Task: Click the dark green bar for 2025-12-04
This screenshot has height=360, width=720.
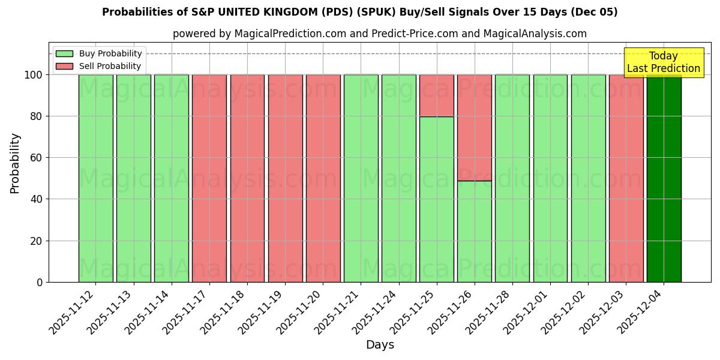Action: [x=664, y=178]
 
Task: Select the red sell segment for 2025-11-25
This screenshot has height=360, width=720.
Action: [x=436, y=95]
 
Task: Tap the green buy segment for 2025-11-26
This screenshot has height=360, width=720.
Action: [x=474, y=231]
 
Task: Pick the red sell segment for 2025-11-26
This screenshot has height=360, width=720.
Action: [x=474, y=127]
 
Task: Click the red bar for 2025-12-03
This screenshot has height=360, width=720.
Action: [x=626, y=178]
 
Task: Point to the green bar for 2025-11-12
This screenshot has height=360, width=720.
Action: [x=95, y=178]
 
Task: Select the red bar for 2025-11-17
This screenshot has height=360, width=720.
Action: [x=209, y=178]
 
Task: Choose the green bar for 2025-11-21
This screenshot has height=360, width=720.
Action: [x=361, y=178]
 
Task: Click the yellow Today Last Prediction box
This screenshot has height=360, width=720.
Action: [x=663, y=62]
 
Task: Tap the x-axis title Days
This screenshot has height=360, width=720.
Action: [x=380, y=345]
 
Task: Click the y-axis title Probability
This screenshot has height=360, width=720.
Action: [x=15, y=163]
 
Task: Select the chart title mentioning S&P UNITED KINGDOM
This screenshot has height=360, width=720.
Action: [x=359, y=12]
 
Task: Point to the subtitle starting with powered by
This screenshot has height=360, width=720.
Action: [x=379, y=34]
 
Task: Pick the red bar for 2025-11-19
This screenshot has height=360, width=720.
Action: [x=285, y=178]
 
